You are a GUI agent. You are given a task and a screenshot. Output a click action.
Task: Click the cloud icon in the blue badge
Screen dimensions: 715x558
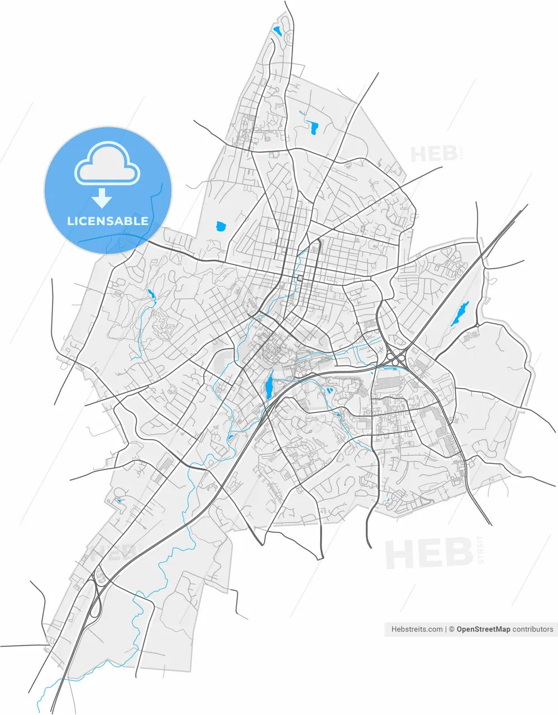pos(107,163)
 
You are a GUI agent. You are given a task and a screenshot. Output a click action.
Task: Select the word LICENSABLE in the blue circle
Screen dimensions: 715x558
pos(108,221)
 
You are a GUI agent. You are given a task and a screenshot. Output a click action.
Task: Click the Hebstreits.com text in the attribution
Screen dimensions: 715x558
pos(417,629)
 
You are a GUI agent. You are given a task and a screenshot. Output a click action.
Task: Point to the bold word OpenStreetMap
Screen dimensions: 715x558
pos(483,629)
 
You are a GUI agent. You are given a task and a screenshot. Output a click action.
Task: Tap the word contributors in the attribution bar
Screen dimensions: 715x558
pos(533,629)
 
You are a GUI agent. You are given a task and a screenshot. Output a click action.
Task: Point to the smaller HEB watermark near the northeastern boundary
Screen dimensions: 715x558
pos(433,154)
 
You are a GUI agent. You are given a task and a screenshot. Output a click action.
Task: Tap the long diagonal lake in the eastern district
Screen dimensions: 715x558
pos(460,314)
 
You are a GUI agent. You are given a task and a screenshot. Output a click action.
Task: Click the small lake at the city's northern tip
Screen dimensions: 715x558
pos(278,31)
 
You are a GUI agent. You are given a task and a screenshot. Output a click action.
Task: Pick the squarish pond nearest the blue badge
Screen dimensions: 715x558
pos(221,227)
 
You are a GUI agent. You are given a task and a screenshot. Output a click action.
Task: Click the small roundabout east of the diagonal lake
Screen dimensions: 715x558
pos(477,325)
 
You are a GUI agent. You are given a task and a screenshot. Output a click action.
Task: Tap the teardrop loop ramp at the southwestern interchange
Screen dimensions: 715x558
pos(95,606)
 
